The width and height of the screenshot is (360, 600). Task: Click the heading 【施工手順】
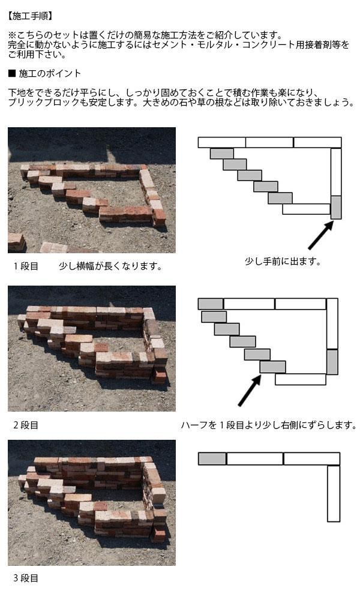tap(30, 16)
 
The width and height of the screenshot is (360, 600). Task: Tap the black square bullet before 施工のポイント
tap(12, 73)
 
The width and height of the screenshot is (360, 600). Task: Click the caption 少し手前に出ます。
tap(283, 262)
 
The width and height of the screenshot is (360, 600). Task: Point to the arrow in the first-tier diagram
tap(320, 235)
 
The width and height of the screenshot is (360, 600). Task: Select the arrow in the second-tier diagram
tap(250, 391)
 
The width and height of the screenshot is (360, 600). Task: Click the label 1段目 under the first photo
tap(26, 266)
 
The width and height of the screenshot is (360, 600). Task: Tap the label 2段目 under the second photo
tap(26, 425)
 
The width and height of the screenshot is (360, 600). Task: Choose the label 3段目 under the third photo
tap(26, 578)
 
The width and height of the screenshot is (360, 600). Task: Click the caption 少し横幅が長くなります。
tap(110, 266)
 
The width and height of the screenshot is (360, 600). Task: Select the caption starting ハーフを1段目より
tap(269, 425)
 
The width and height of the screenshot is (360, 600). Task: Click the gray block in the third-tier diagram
tap(212, 458)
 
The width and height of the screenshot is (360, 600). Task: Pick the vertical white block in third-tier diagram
tap(334, 493)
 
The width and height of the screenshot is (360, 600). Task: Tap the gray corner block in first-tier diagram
tap(336, 207)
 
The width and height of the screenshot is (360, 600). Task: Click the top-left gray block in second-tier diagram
tap(211, 304)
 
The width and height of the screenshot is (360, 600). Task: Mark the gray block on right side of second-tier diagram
tap(332, 362)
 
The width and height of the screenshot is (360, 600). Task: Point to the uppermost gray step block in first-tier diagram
tap(222, 154)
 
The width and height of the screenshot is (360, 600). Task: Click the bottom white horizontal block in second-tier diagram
tap(301, 379)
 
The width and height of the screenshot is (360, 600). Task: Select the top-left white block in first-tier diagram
tap(222, 142)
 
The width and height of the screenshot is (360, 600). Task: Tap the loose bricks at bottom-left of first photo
tap(16, 242)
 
